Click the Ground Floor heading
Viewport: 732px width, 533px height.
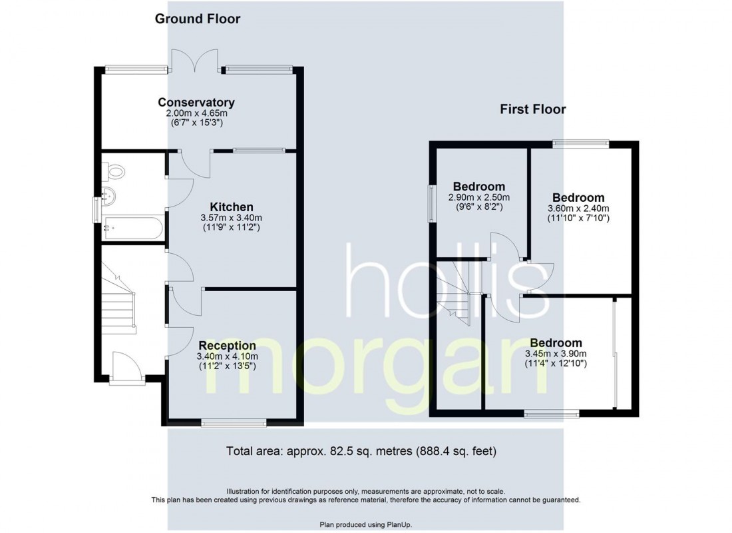(x=198, y=19)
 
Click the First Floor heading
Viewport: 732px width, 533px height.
(x=533, y=109)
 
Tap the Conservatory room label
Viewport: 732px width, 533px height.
(x=196, y=103)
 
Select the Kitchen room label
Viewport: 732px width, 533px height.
(x=232, y=207)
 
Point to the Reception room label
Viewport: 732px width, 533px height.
(x=227, y=346)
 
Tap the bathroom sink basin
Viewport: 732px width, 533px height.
(x=109, y=197)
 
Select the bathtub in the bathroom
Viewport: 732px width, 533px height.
(x=132, y=227)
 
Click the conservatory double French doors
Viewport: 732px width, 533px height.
(x=196, y=61)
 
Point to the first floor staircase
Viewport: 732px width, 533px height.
(x=457, y=293)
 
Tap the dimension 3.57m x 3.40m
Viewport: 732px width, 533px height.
(x=232, y=218)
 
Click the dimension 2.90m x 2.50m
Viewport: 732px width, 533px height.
(x=478, y=197)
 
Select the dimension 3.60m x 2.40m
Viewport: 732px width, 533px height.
(x=578, y=209)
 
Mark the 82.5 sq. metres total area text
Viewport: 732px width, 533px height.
(x=361, y=451)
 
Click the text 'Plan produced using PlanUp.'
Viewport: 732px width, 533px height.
(x=365, y=525)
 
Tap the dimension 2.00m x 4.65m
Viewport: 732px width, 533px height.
(x=196, y=114)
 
